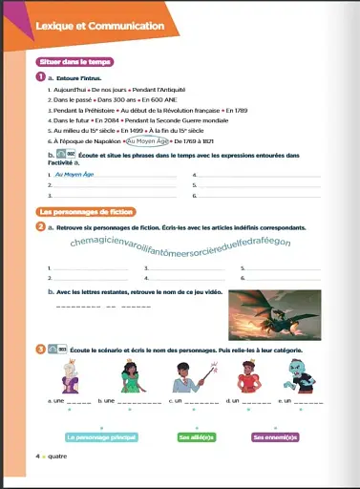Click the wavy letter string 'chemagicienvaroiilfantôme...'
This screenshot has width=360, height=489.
click(180, 244)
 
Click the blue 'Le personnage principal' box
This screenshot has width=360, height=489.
click(101, 437)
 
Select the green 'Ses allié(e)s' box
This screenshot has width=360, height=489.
click(196, 437)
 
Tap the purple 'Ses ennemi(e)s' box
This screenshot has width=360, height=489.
click(275, 437)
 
